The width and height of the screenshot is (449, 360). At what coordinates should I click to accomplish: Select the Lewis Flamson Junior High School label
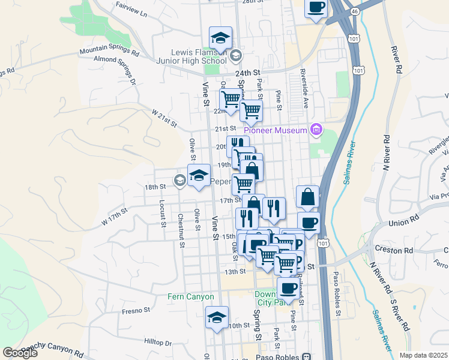pos(190,56)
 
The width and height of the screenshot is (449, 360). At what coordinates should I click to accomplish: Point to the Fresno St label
pos(135,310)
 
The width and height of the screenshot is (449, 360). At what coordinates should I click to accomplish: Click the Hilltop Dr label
pos(158,341)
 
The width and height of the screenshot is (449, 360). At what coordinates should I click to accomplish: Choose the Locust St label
pos(163,213)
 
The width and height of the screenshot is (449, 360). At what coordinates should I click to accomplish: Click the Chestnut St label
pos(181,231)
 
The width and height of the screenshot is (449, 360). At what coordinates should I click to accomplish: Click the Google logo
pos(20,352)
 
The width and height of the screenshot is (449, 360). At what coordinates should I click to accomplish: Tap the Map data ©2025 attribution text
pos(423,355)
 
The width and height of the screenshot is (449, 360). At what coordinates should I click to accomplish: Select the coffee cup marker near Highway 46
pos(316,8)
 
